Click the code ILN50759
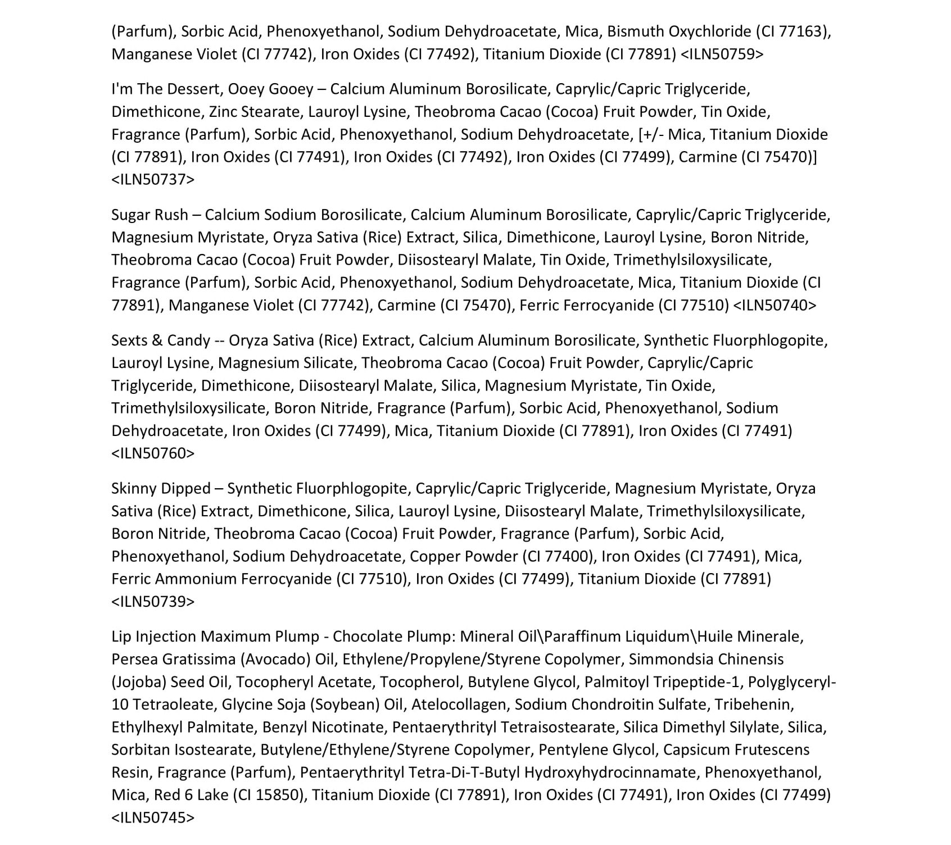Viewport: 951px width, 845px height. click(722, 54)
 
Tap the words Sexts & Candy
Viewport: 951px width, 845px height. click(160, 340)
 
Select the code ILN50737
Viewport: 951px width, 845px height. click(153, 180)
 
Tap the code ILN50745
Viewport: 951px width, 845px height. click(153, 818)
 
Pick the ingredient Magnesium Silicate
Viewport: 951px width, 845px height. click(286, 363)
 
